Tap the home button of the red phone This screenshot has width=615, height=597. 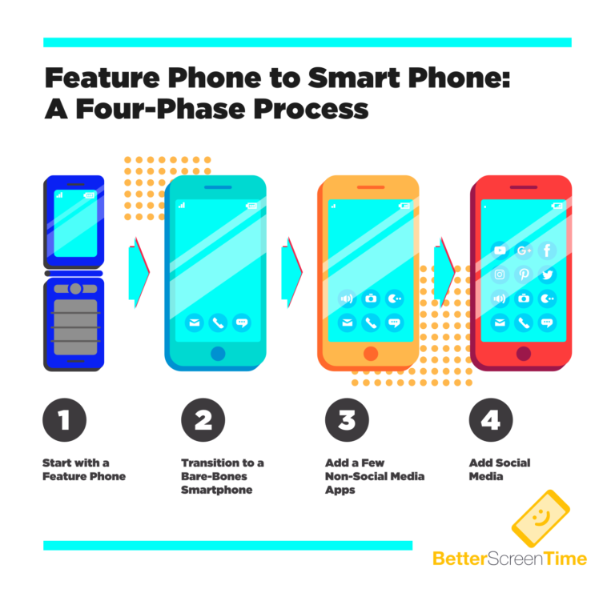click(524, 354)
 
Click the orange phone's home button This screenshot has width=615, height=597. click(370, 354)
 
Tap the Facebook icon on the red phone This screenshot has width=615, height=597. click(547, 250)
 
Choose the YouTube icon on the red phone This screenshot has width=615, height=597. click(500, 250)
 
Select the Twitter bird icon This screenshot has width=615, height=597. click(547, 274)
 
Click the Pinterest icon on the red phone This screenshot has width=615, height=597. click(524, 274)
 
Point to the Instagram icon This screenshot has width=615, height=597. click(500, 274)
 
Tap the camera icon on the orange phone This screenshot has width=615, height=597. click(370, 298)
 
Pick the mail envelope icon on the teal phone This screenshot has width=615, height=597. click(194, 323)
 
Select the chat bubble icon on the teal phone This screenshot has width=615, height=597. click(241, 323)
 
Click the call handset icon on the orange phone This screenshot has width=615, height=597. click(370, 323)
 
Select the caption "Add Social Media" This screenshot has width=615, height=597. click(499, 470)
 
